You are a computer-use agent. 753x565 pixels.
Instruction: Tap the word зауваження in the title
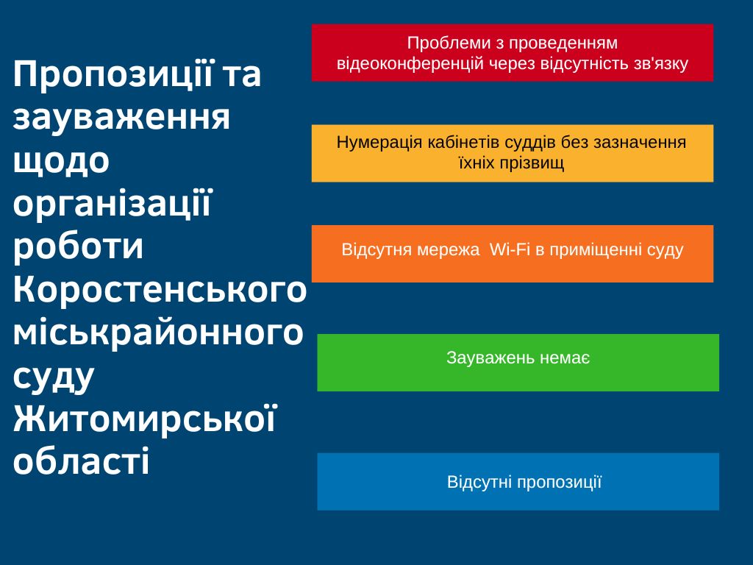coord(121,117)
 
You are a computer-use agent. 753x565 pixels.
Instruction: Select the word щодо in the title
coord(61,161)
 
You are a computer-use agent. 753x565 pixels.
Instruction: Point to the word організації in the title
coord(113,204)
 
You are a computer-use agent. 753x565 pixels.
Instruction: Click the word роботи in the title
coord(78,246)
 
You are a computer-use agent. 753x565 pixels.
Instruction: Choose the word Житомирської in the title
coord(145,419)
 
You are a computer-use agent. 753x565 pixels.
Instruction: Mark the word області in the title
coord(81,461)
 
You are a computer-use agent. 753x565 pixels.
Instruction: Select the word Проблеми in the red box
coord(442,43)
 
